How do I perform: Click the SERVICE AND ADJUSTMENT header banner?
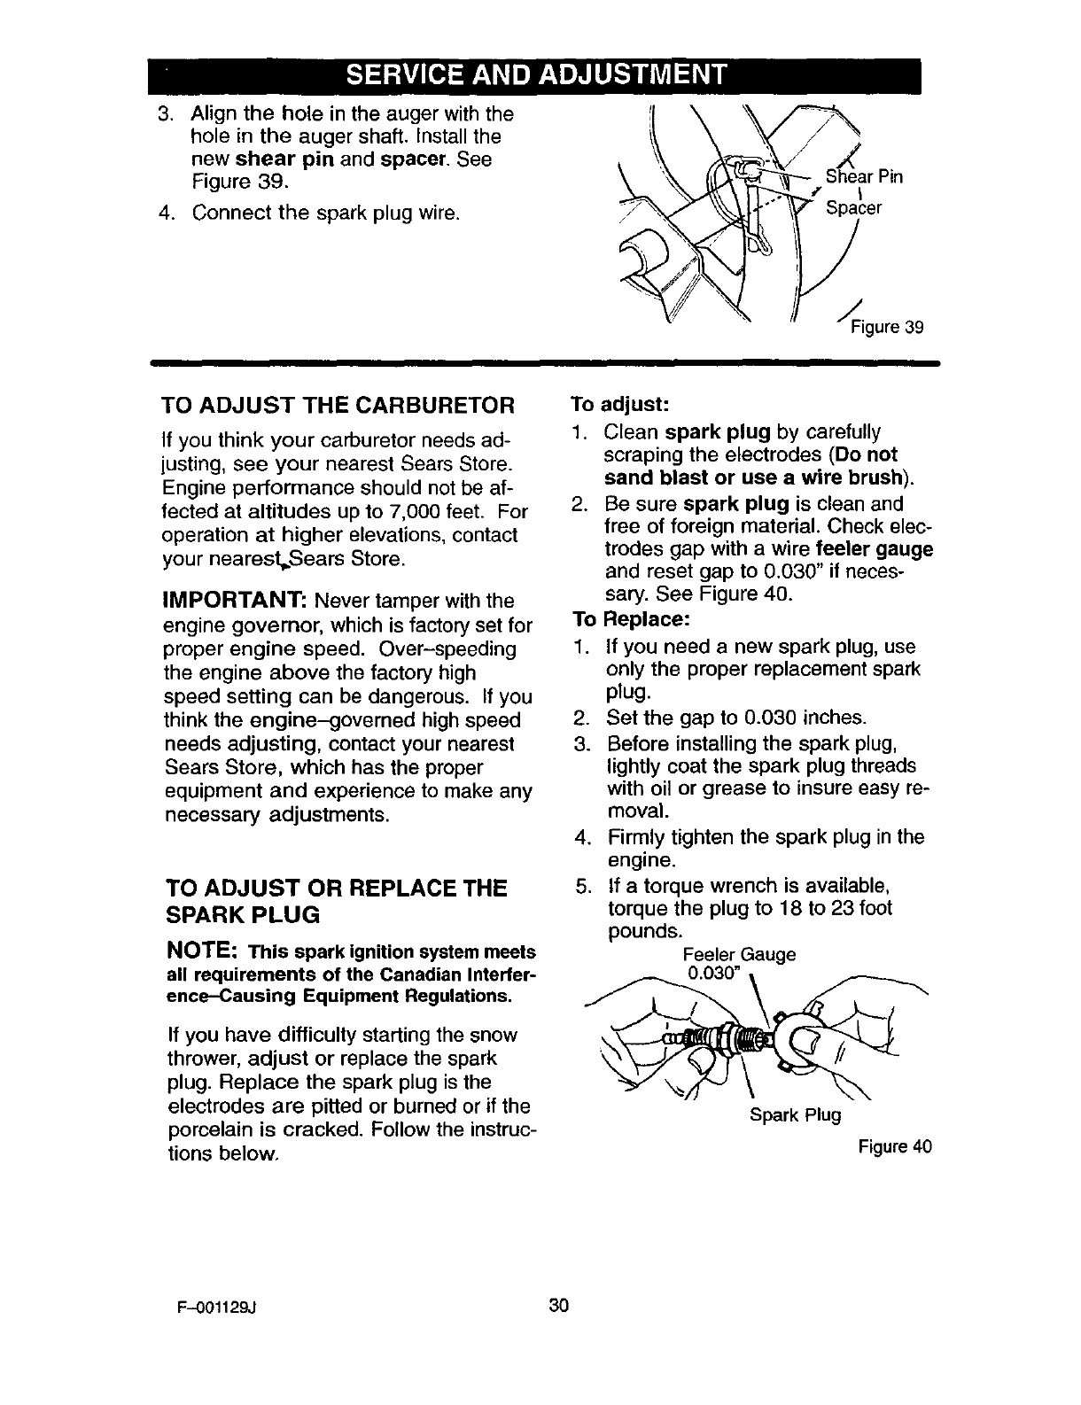(x=535, y=73)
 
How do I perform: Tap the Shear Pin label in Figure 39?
(x=863, y=176)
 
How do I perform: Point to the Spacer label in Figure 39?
(x=853, y=209)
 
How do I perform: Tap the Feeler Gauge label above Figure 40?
(x=739, y=955)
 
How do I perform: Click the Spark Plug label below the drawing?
(x=794, y=1114)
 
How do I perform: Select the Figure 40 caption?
(x=895, y=1147)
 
